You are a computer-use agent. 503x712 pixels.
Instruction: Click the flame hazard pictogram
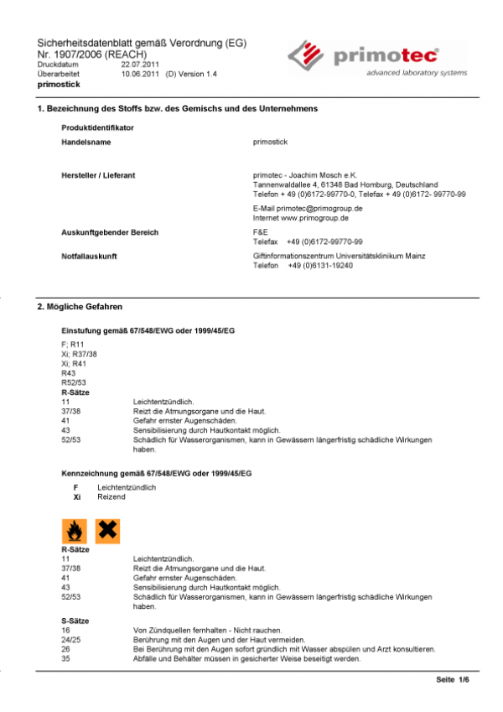[75, 530]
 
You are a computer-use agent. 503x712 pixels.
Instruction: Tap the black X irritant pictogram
[107, 530]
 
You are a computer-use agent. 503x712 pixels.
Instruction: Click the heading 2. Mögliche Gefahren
[80, 308]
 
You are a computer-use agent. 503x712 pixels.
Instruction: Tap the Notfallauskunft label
[88, 256]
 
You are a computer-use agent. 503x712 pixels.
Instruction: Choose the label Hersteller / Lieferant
[98, 175]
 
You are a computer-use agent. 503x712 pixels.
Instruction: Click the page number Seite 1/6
[453, 679]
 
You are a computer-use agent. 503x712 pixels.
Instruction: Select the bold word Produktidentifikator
[98, 127]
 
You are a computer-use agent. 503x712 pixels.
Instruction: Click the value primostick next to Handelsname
[270, 143]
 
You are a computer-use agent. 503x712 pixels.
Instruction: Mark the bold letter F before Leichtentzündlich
[75, 487]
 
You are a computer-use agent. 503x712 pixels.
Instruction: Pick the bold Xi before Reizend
[77, 496]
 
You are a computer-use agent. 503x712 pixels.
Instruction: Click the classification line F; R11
[73, 343]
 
